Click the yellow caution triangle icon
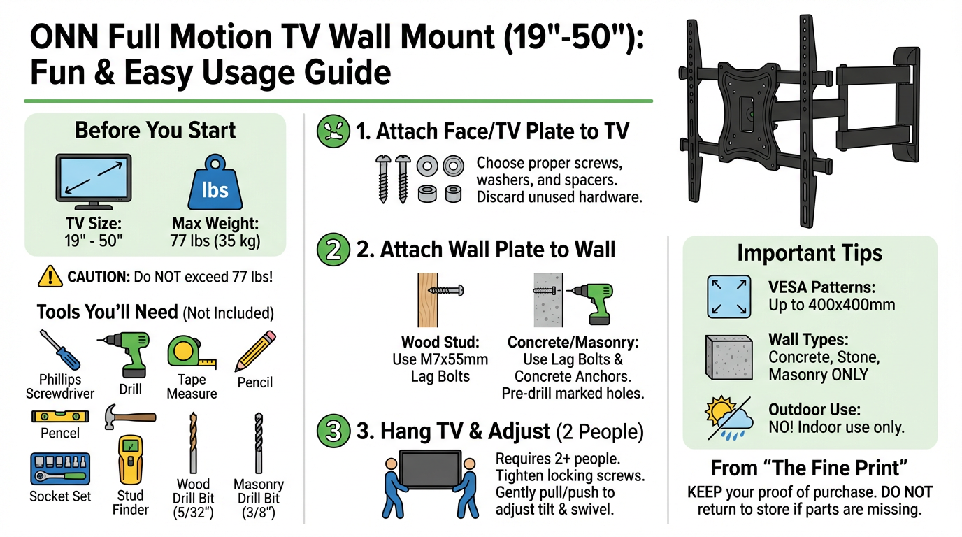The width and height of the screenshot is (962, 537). click(x=50, y=277)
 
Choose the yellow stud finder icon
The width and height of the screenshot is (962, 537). click(x=130, y=459)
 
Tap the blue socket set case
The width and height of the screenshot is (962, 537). click(x=60, y=468)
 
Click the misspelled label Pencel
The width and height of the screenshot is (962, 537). click(x=60, y=433)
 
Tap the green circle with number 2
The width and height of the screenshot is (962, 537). click(x=333, y=250)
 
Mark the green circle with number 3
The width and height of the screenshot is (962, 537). click(x=333, y=430)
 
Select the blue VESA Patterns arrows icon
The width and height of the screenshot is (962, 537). click(x=728, y=297)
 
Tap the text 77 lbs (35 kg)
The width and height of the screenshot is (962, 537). click(x=215, y=243)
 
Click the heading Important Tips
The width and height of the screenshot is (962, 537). click(x=810, y=253)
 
